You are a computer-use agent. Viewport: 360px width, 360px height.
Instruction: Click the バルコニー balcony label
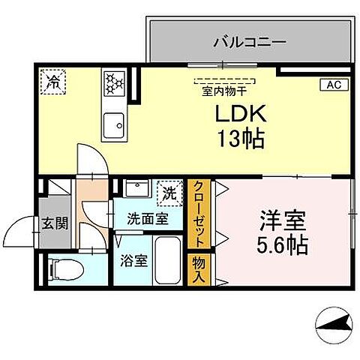click(x=249, y=41)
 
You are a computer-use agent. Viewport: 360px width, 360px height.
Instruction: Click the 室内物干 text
click(x=225, y=92)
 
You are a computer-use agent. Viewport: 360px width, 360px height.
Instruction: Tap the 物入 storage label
click(x=199, y=268)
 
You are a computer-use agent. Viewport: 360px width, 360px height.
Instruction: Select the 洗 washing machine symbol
click(x=170, y=192)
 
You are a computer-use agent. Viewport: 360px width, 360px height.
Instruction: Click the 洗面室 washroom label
click(x=146, y=219)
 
